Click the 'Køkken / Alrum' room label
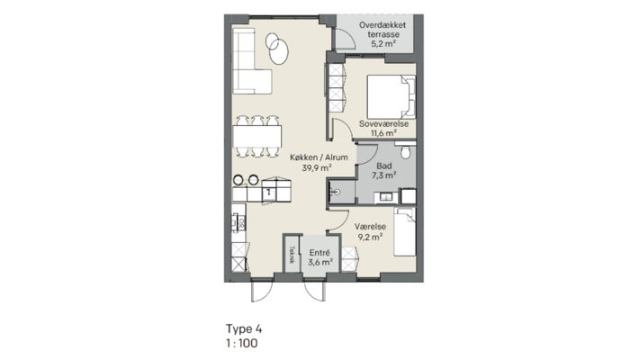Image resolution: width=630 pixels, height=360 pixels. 319,157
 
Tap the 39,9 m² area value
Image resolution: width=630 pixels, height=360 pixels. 317,168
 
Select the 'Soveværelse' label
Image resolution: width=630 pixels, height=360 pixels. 383,124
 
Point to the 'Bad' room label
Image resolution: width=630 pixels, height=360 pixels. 384,166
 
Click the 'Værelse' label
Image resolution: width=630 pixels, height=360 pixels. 370,227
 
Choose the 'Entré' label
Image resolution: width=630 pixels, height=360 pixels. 319,253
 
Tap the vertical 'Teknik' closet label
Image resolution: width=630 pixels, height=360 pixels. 292,255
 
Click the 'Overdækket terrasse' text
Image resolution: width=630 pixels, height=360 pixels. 382,30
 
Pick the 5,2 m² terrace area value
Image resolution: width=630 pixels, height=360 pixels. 383,44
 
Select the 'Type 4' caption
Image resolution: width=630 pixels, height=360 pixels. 244,329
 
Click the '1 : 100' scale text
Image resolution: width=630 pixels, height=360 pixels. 242,343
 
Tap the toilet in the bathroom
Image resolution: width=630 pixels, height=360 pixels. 406,150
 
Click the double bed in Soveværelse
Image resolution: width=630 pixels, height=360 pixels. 391,97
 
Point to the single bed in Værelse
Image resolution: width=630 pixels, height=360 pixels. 405,231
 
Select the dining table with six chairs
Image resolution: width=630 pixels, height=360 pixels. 257,136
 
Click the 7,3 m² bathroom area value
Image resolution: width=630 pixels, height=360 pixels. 384,175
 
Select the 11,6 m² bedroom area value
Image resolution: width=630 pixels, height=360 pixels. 383,133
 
